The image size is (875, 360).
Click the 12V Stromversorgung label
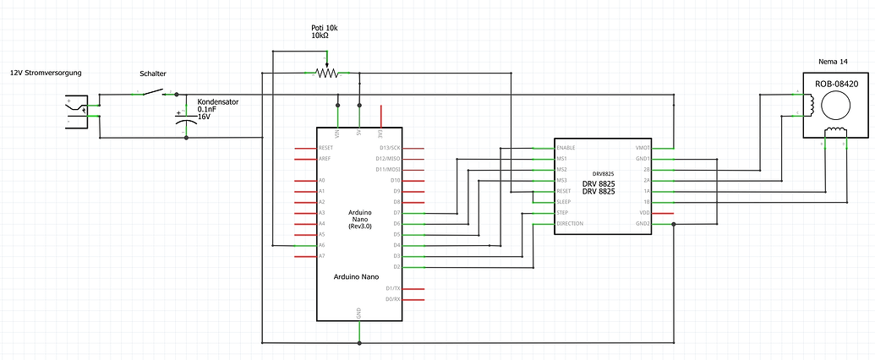click(46, 74)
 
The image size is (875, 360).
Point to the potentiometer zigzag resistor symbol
click(326, 74)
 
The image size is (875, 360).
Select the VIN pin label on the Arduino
click(338, 134)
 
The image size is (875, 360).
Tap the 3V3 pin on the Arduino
click(381, 134)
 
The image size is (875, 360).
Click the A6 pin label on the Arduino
click(322, 245)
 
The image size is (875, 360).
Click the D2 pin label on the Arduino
click(396, 267)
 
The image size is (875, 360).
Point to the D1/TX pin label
click(391, 288)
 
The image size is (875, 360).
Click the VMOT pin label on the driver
click(643, 148)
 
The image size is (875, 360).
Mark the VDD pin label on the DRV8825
click(644, 213)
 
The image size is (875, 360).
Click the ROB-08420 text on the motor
click(836, 84)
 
